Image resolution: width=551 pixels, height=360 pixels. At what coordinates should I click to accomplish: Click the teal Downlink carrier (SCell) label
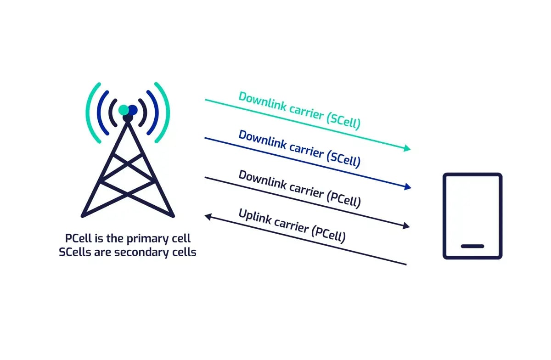click(299, 111)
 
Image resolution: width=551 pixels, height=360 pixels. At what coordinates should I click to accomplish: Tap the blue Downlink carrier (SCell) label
click(299, 149)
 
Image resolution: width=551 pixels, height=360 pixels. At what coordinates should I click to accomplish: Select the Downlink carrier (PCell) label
click(299, 188)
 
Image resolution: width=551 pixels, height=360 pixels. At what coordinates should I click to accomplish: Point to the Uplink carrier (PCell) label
click(292, 225)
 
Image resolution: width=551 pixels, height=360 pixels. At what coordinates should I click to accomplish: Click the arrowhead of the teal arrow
click(407, 148)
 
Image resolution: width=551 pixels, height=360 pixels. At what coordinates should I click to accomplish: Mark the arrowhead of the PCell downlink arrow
click(406, 225)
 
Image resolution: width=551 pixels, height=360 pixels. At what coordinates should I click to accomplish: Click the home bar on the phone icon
click(472, 246)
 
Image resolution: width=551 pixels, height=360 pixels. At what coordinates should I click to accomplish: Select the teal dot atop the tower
click(124, 110)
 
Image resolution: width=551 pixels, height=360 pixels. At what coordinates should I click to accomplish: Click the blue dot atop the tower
click(133, 110)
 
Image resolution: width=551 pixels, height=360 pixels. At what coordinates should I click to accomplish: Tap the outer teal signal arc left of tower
click(92, 112)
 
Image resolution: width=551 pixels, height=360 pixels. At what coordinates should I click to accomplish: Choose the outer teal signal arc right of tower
click(164, 112)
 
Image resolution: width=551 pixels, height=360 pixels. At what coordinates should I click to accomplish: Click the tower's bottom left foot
click(83, 215)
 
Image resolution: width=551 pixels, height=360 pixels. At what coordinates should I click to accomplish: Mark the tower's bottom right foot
click(173, 215)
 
